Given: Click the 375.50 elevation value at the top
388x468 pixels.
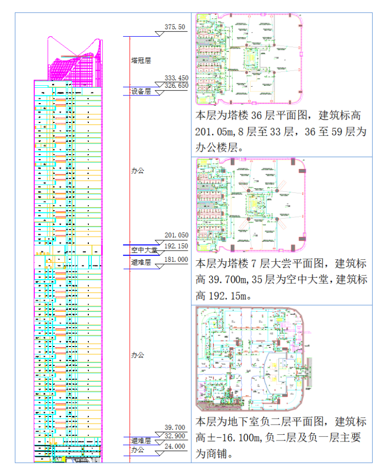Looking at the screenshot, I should coord(175,27).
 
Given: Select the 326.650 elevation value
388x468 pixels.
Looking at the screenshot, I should coord(176,85).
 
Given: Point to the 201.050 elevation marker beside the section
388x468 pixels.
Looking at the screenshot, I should coord(177,235).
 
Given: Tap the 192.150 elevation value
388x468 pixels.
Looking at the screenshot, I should coord(177,245).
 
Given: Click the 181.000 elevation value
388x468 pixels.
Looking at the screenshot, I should coord(177,259).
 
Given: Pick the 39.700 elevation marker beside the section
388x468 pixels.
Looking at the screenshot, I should coord(175,427).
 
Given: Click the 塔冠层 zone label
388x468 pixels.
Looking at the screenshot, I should coord(141,60).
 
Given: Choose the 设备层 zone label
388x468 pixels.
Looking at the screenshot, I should coord(141,92).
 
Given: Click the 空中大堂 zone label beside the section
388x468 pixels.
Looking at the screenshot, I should coord(144,250).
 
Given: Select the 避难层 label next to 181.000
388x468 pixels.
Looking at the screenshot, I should coord(141,263).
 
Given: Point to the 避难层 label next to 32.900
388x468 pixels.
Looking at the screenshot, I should coord(141,440).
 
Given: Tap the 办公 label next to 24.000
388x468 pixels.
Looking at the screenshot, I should coord(137,450).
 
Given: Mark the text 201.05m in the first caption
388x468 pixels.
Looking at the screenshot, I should coord(215,132).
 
